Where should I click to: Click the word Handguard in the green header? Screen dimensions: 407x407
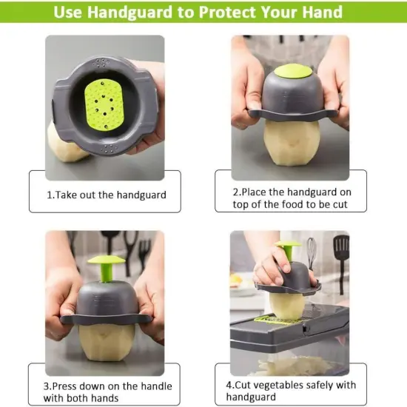click(x=129, y=12)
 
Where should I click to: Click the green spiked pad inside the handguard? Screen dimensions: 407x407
click(x=104, y=104)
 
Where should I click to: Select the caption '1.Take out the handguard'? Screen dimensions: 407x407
click(x=107, y=195)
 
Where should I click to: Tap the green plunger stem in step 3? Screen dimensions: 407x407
click(x=107, y=272)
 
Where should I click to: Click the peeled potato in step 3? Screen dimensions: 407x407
click(x=107, y=341)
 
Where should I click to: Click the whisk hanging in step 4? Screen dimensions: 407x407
click(x=312, y=250)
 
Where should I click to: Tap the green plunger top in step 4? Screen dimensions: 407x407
click(x=288, y=244)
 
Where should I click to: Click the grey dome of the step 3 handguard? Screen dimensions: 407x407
click(x=106, y=298)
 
